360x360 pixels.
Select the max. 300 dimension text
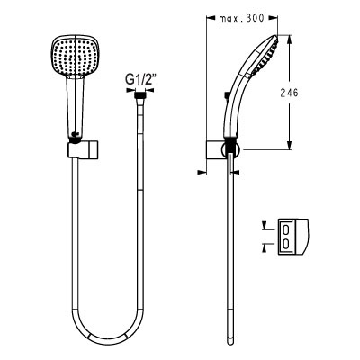click(241, 19)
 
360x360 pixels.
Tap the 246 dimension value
click(290, 93)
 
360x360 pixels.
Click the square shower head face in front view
click(74, 57)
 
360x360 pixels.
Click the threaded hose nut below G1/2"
click(139, 96)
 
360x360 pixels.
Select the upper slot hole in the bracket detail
click(286, 230)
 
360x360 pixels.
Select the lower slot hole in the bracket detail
click(286, 244)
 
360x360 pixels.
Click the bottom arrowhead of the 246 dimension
click(290, 145)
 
